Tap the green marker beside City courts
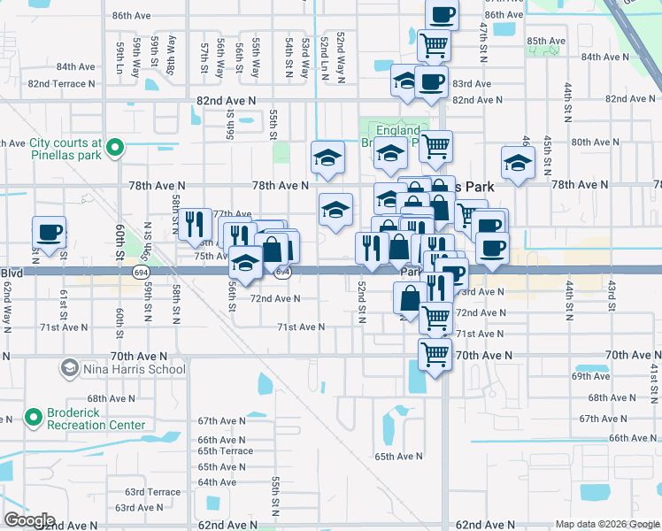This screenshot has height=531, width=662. (x=114, y=148)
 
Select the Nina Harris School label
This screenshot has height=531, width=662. (x=135, y=369)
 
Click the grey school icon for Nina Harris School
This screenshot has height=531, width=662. (x=69, y=367)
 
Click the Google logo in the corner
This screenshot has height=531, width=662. (x=28, y=520)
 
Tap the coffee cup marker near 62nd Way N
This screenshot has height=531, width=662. (x=50, y=234)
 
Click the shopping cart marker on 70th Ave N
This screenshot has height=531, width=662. (x=435, y=354)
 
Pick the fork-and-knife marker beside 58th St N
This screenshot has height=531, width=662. (x=194, y=225)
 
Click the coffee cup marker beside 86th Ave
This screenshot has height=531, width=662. (x=442, y=15)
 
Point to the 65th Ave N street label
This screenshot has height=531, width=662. (x=398, y=457)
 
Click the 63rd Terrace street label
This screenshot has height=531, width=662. (x=152, y=492)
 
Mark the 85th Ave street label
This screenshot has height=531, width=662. (x=546, y=42)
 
